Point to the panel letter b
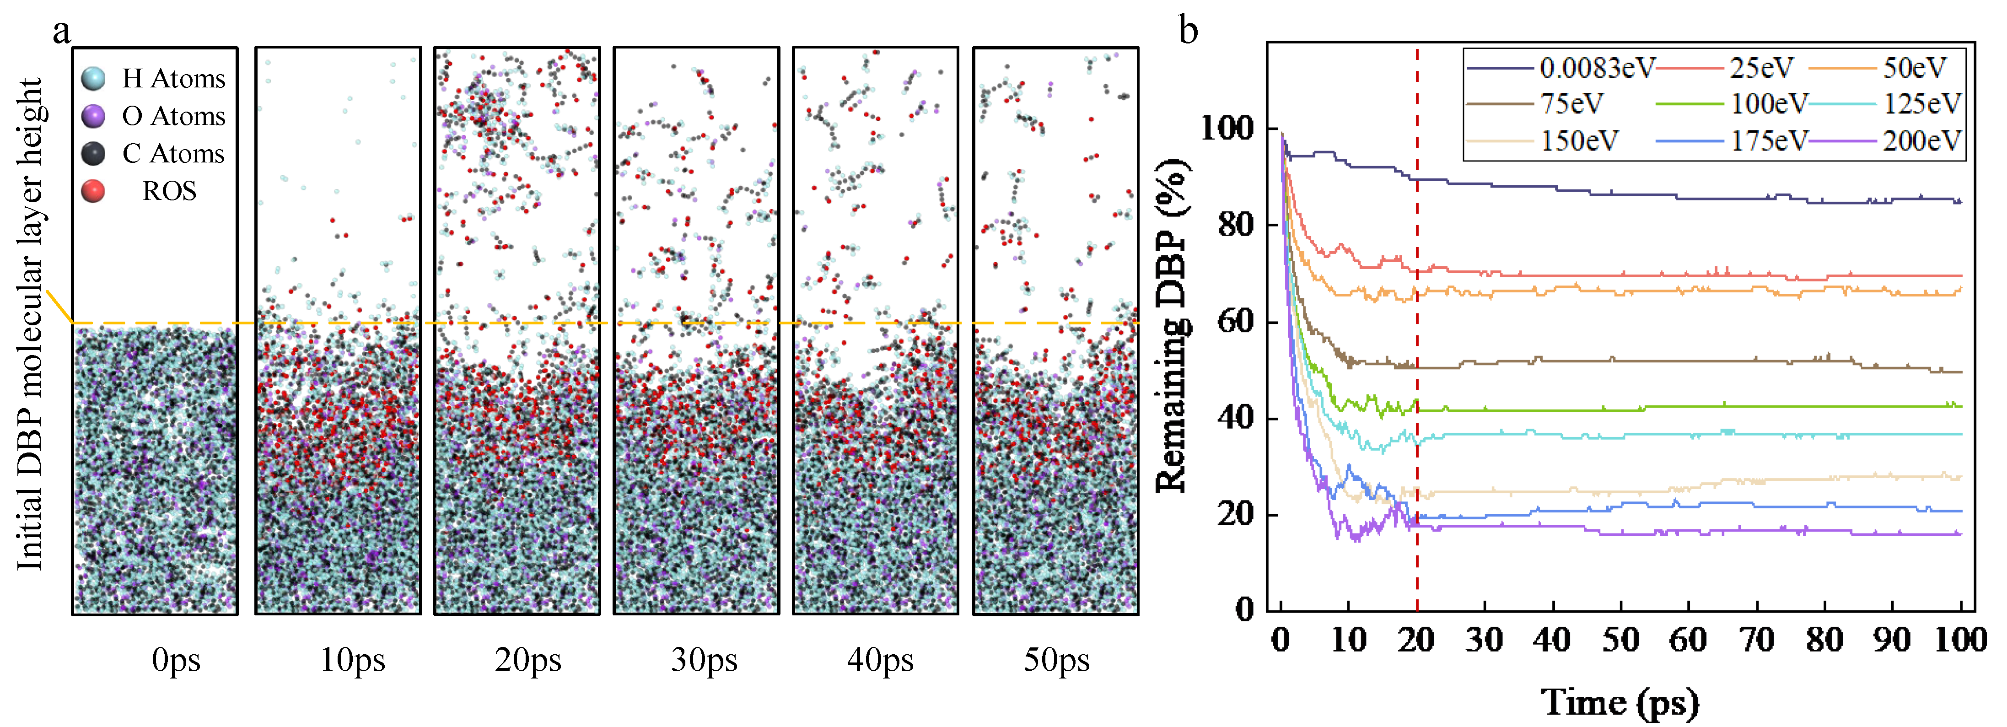(1188, 31)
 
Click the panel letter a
(62, 31)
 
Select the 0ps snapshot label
(176, 660)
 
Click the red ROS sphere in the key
(93, 191)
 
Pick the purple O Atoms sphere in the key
(93, 116)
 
